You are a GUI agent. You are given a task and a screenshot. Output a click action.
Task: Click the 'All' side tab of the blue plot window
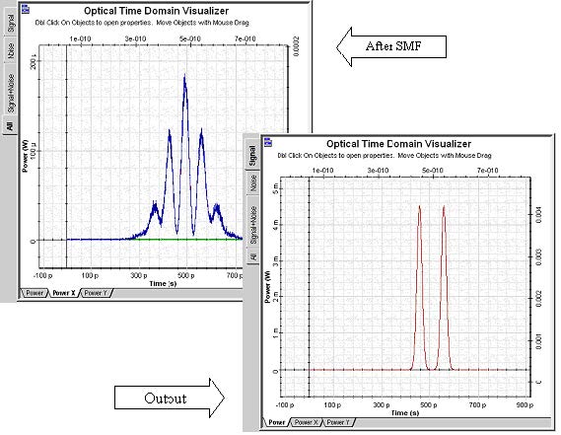click(x=10, y=126)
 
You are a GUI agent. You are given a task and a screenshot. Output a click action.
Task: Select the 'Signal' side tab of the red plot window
click(x=252, y=158)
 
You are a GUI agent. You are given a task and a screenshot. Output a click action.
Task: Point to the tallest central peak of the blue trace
click(x=184, y=78)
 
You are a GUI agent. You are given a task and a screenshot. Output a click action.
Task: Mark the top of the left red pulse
click(x=420, y=206)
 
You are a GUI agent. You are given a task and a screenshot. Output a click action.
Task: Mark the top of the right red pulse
click(x=445, y=206)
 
